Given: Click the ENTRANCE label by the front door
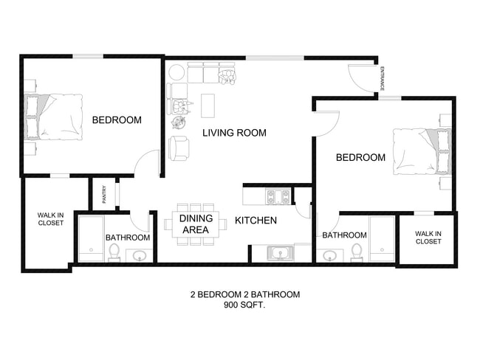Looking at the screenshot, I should coord(382,79).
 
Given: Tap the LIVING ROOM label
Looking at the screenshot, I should coord(234,133).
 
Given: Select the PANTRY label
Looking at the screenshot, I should coord(104,194).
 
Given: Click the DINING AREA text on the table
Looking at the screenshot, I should coord(196,224).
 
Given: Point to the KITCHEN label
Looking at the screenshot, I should coord(256,220).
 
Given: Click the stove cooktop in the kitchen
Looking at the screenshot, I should coord(278,196).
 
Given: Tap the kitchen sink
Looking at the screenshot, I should coord(281,253).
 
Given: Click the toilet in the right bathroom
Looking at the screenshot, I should coord(357,252).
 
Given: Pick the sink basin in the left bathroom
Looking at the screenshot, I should coord(139,256).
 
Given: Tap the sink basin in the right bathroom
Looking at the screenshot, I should coord(330,256).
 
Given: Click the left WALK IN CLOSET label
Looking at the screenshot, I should coord(50,219).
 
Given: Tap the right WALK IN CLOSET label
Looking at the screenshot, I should coord(428,237).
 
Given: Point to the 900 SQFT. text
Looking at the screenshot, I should coord(245,305).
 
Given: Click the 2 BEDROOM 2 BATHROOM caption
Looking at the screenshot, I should coord(245,294).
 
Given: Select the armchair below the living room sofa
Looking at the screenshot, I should coord(179,148).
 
